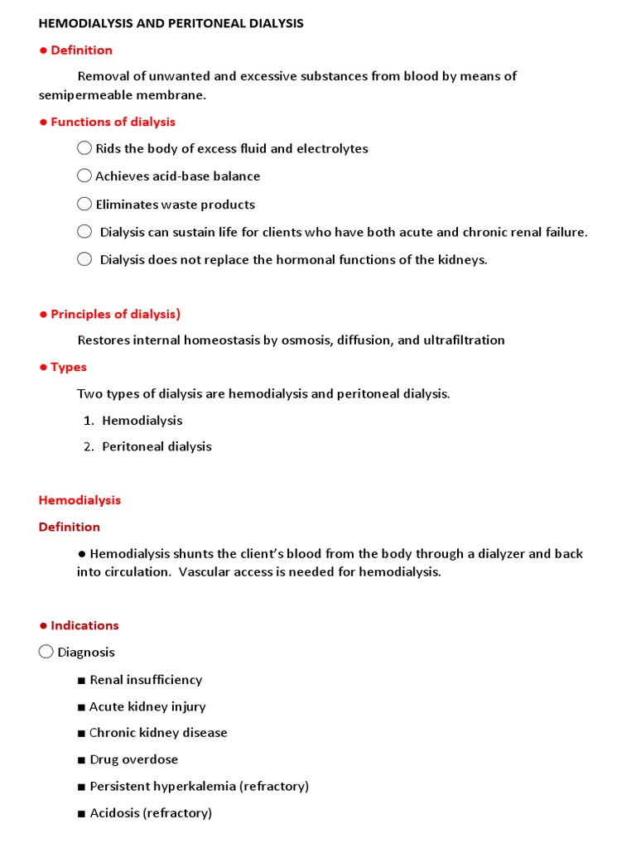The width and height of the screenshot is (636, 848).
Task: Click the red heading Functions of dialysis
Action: tap(113, 122)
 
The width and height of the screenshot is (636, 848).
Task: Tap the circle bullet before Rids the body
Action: tap(84, 148)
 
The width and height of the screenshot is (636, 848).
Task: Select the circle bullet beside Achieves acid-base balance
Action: tap(84, 176)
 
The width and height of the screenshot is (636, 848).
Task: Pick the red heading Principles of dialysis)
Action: tap(115, 314)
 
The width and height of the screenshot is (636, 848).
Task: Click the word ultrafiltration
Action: tap(464, 340)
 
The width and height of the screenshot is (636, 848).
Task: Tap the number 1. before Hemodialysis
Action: tap(89, 421)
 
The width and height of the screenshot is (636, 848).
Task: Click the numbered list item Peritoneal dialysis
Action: tap(157, 446)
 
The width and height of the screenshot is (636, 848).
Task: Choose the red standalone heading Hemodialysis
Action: tap(79, 500)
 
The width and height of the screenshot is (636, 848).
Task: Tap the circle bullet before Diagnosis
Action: tap(46, 652)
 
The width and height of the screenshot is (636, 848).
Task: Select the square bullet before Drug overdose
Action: tap(81, 760)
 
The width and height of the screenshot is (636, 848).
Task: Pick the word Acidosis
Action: tap(114, 813)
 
